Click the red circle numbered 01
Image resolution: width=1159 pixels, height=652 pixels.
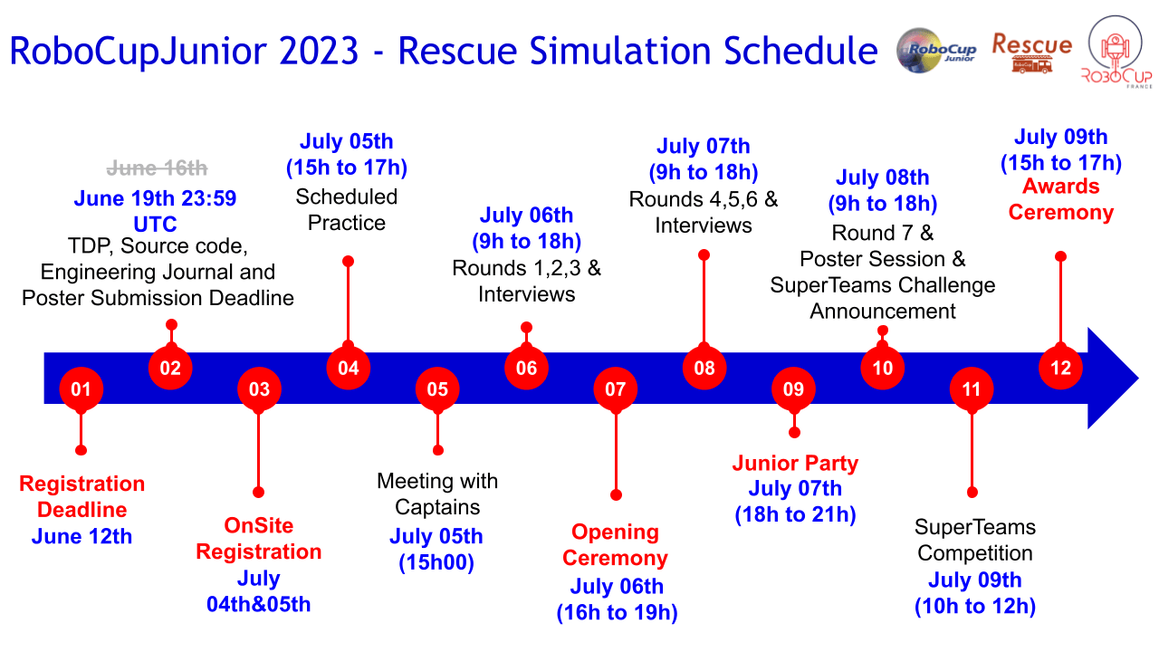(x=81, y=389)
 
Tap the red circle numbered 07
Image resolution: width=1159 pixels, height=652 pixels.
(x=615, y=389)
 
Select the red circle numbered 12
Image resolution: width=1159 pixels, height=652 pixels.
(x=1060, y=368)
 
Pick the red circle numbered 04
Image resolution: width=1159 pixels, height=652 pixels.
(x=349, y=368)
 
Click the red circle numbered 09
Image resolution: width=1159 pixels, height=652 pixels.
(x=793, y=389)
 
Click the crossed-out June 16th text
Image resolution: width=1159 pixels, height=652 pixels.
(x=158, y=168)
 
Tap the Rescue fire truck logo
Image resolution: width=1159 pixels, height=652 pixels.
(x=1031, y=53)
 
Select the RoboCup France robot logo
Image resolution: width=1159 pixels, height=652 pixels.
(x=1117, y=52)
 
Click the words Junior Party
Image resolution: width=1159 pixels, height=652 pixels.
(x=795, y=463)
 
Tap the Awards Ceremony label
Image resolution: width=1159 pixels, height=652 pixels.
(x=1060, y=199)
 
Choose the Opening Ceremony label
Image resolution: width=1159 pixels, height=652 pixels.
(x=615, y=545)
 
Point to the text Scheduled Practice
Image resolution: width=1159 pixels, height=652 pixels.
(x=347, y=209)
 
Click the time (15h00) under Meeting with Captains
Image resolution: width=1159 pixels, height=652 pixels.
(x=436, y=562)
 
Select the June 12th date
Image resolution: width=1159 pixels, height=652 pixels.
(x=81, y=536)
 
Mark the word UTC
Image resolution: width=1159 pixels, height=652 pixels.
(x=155, y=224)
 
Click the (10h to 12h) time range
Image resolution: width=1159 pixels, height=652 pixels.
(x=975, y=606)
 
